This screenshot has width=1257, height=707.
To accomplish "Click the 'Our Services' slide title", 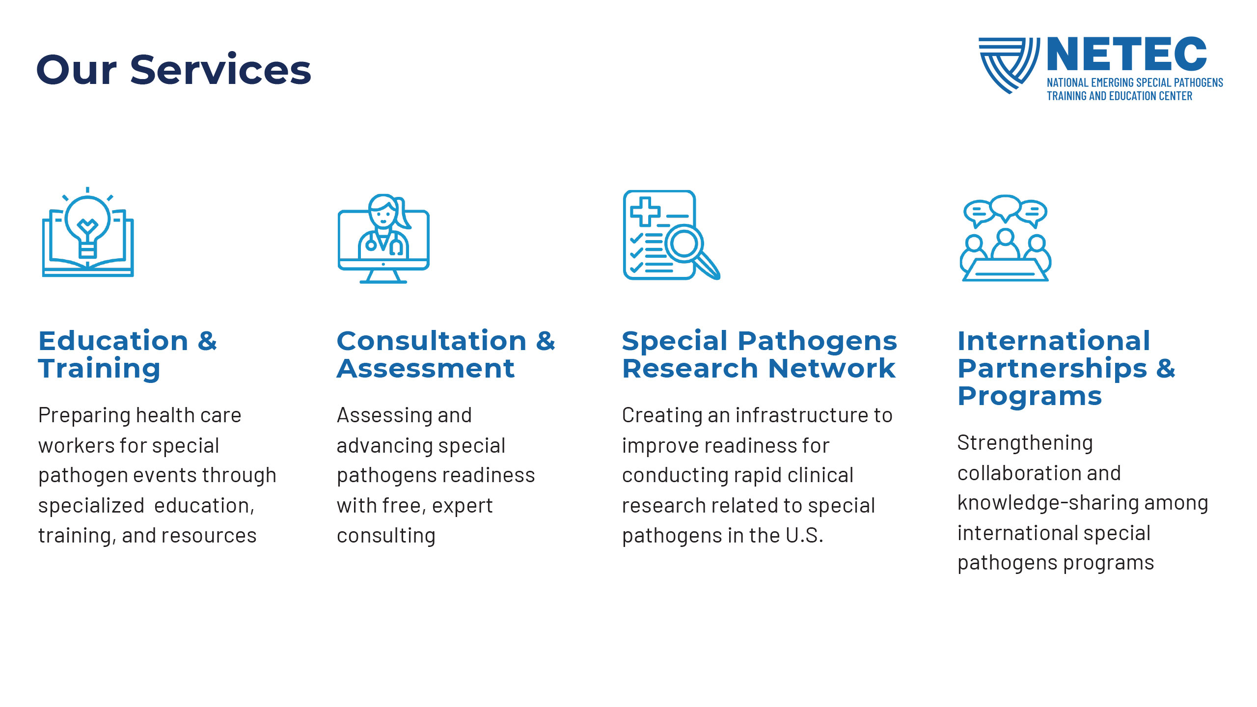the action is [x=174, y=70].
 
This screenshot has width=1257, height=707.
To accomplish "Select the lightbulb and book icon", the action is [x=88, y=232].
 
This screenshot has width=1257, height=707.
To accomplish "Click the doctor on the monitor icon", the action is [x=383, y=239].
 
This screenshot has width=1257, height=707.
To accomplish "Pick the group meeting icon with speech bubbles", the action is [x=1006, y=238].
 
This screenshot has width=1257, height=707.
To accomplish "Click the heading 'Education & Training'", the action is [x=128, y=354].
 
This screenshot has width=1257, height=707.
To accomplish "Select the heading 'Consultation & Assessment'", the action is [x=446, y=354].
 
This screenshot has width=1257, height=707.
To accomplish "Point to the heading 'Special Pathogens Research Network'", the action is [x=760, y=354].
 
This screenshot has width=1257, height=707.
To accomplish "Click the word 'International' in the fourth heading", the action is [x=1054, y=341].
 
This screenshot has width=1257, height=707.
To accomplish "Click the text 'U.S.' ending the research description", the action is [x=804, y=536].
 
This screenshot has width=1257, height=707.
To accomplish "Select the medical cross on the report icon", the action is [x=645, y=211].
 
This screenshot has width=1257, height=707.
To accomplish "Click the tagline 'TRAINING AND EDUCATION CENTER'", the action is [x=1120, y=96].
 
